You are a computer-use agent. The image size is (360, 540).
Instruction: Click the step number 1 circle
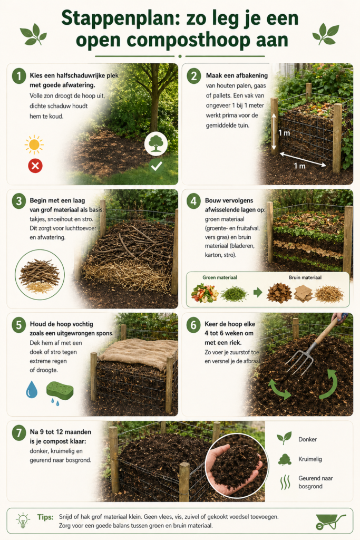coord(19,76)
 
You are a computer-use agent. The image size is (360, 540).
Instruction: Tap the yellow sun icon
coord(34,144)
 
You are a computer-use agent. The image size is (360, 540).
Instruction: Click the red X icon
coord(35,166)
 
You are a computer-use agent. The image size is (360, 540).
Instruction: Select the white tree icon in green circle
coord(156,143)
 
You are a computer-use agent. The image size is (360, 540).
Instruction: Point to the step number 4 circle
coord(193,201)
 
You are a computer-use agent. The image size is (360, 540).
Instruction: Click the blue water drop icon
coord(31,389)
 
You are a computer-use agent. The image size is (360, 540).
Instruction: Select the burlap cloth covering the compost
coord(138,353)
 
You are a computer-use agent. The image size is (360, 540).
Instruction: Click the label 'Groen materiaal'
coord(220,277)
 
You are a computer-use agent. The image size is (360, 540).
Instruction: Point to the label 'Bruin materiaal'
coord(305,277)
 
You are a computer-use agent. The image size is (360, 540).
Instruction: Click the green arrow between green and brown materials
coord(257,293)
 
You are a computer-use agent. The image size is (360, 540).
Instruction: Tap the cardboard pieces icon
coord(303,293)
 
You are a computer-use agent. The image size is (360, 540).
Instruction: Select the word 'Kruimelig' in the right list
coord(310,459)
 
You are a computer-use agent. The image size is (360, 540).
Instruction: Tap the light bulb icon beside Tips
coord(23,520)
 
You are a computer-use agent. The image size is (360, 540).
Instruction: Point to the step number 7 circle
coord(19,432)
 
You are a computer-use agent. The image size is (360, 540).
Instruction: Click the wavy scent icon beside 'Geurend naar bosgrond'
coord(285,482)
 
